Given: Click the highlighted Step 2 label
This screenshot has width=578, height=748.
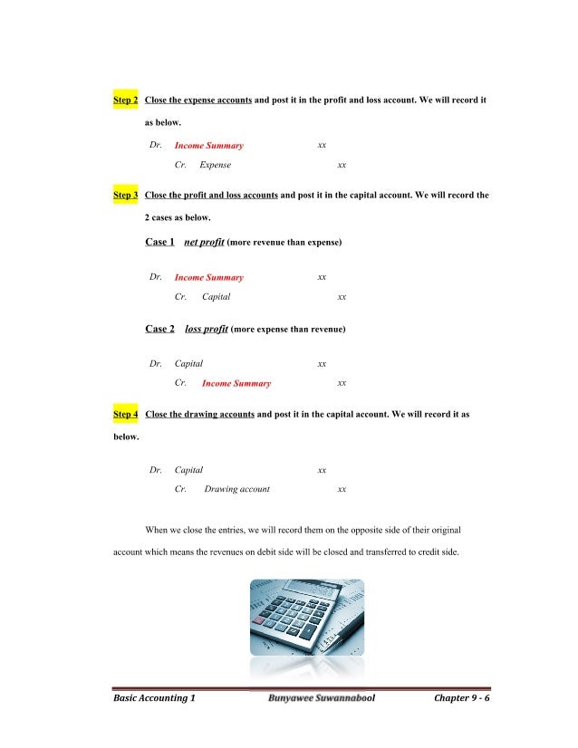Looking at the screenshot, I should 125,99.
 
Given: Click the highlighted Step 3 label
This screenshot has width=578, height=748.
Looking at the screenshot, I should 125,195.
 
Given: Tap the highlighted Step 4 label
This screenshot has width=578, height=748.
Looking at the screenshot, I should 125,415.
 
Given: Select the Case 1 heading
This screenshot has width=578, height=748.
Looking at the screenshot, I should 159,243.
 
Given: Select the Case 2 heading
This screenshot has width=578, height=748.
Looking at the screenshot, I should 159,330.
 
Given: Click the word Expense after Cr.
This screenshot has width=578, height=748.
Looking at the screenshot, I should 215,166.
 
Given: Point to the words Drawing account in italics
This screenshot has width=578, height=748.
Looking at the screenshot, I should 236,490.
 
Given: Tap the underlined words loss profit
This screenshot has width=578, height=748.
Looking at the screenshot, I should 206,330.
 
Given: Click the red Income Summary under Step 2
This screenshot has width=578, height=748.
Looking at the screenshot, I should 208,146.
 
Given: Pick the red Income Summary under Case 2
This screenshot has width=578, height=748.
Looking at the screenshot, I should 236,384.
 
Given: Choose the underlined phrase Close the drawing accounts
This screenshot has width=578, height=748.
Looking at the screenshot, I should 198,415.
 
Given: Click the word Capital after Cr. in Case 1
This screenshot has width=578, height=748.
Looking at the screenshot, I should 216,297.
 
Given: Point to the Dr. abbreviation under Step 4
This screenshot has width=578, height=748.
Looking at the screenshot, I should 156,470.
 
